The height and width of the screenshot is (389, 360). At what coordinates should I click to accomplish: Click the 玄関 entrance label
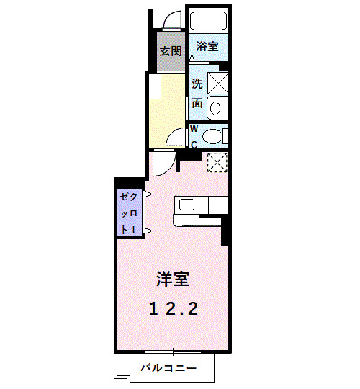(171, 51)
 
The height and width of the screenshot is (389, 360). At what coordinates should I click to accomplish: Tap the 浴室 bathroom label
(207, 47)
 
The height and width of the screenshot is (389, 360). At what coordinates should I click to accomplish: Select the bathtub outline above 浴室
(208, 22)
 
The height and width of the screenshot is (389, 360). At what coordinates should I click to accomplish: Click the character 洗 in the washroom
(197, 83)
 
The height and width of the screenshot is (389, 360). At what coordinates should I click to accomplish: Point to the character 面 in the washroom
(197, 102)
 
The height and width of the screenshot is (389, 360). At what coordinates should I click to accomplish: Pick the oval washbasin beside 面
(217, 107)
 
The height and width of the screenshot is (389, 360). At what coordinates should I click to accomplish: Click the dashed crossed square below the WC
(217, 163)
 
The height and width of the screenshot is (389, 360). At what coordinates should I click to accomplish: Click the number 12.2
(174, 308)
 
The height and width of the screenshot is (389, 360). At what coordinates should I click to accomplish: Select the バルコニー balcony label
(167, 368)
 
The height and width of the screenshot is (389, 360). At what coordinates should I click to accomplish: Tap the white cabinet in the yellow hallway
(155, 86)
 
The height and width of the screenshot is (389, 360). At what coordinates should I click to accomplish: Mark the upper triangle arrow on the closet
(147, 194)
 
